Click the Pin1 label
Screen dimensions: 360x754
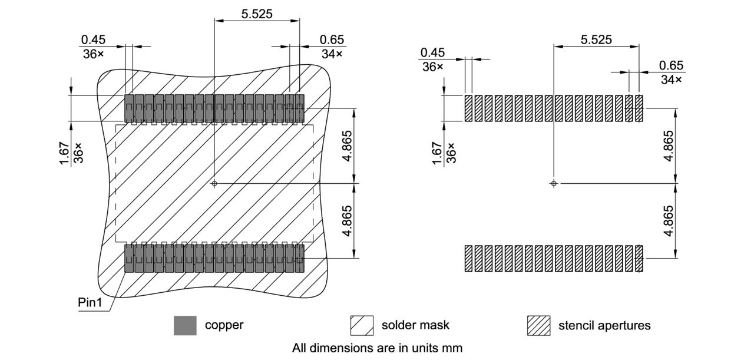click(91, 302)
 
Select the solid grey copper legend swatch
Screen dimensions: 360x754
click(185, 325)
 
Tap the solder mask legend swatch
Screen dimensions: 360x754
click(362, 325)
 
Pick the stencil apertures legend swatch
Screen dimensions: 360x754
click(538, 325)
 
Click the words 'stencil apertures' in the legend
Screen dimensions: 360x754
click(604, 325)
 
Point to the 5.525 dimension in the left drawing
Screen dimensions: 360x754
click(257, 14)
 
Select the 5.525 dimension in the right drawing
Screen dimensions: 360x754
click(596, 40)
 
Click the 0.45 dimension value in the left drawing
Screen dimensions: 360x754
click(93, 39)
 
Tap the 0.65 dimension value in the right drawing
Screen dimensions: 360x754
click(671, 65)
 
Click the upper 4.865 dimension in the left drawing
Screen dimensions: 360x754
click(348, 146)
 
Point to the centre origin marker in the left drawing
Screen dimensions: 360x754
click(214, 184)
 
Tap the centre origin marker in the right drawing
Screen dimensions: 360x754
click(553, 184)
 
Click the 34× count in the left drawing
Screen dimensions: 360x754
click(332, 54)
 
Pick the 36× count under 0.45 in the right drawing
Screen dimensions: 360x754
click(432, 67)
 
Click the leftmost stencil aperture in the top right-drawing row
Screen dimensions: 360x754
click(468, 108)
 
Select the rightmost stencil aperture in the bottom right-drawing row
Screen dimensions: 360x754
click(639, 259)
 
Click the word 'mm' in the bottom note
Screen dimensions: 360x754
click(452, 348)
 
